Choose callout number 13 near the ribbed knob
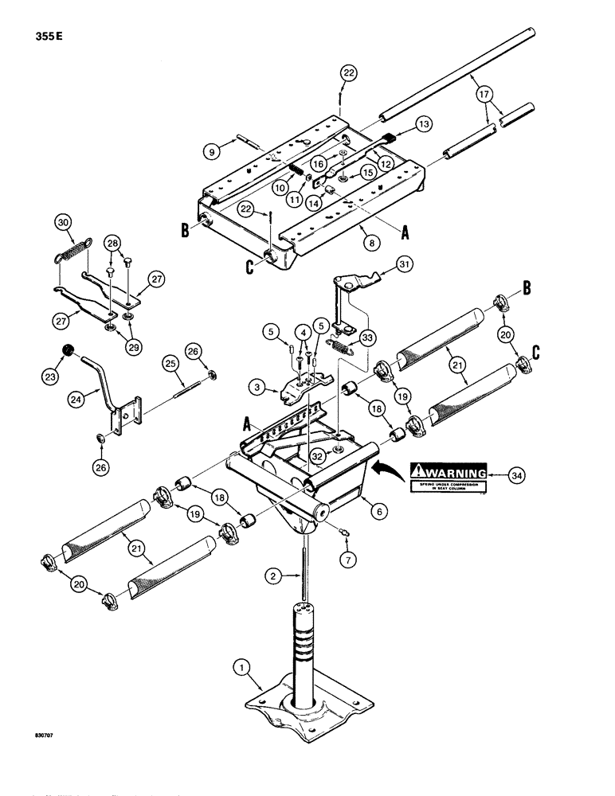click(422, 125)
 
